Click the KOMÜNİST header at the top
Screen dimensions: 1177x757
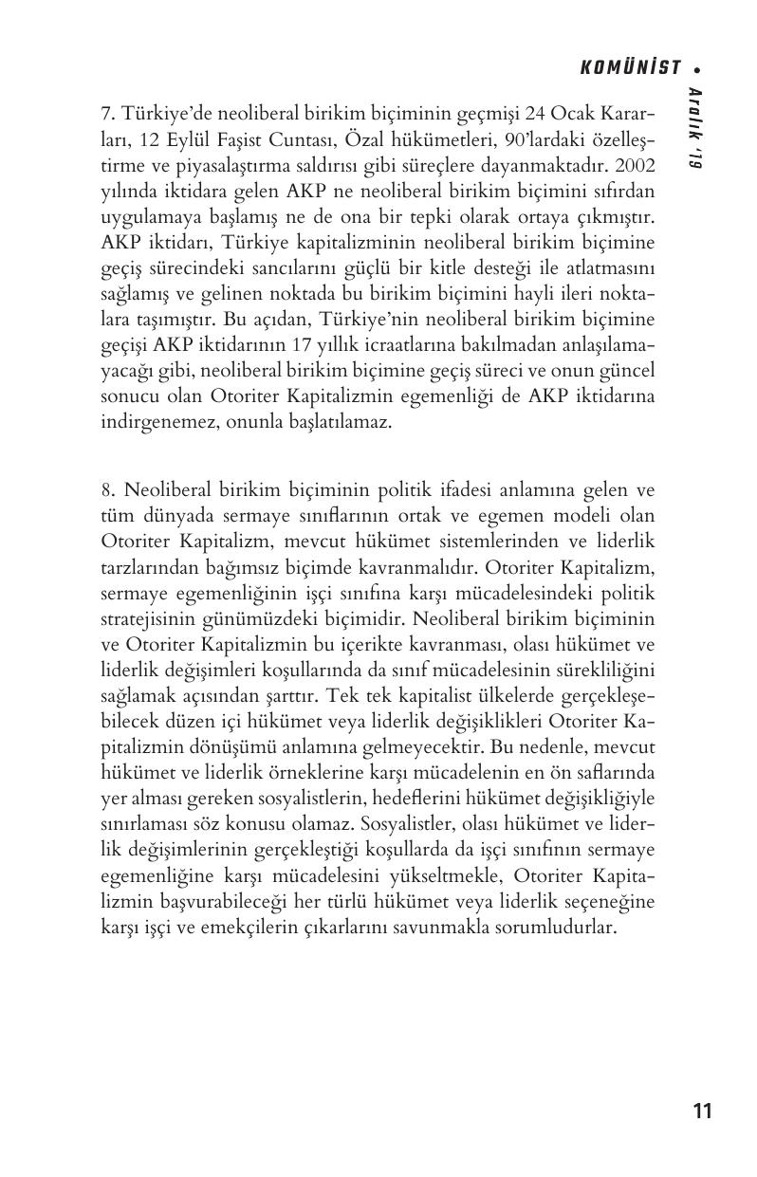pyautogui.click(x=630, y=67)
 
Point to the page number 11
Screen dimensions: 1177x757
pyautogui.click(x=702, y=1111)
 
